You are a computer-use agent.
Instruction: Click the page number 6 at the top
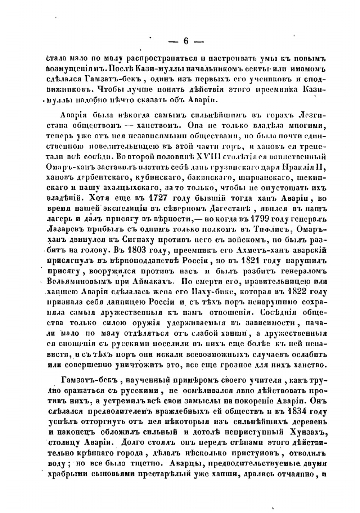pyautogui.click(x=186, y=41)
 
